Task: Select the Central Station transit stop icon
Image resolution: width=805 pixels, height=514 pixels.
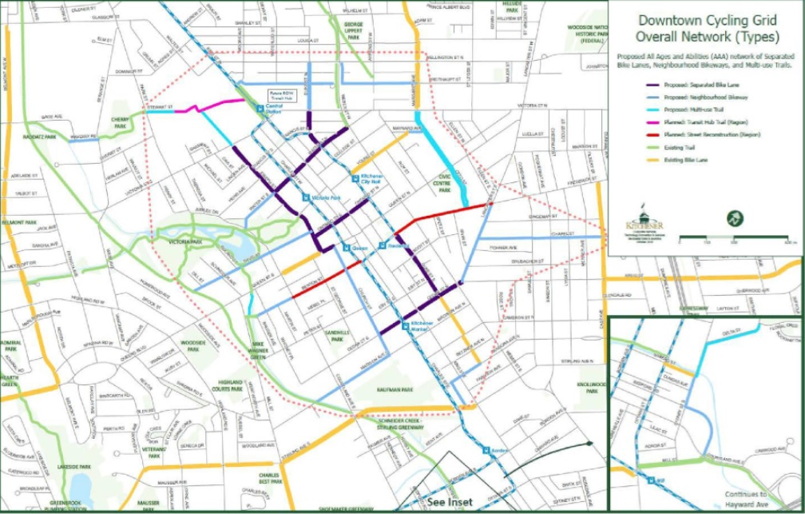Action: (x=260, y=108)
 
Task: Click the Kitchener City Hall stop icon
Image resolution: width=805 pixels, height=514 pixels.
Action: (x=357, y=177)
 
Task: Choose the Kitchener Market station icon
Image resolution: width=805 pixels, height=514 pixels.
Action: (x=406, y=325)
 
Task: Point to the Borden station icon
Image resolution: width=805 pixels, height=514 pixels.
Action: (x=484, y=451)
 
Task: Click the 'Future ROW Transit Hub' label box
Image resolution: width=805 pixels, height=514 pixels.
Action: (x=281, y=93)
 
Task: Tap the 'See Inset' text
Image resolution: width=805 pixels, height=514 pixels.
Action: (x=449, y=502)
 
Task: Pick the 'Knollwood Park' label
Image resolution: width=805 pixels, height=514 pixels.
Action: (x=589, y=388)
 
